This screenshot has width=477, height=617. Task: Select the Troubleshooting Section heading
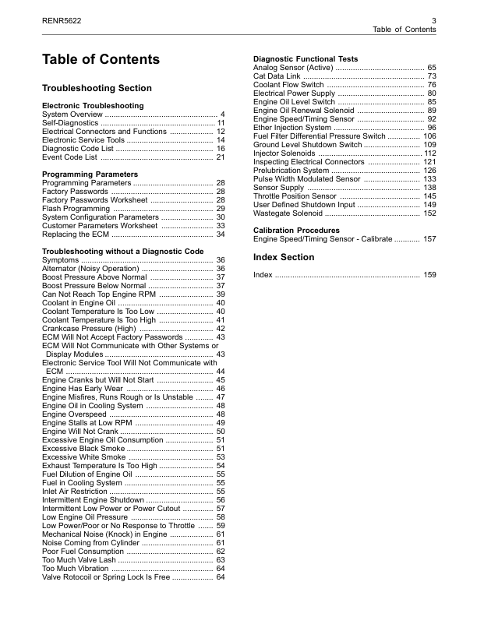(x=97, y=88)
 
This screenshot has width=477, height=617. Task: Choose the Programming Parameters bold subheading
(x=90, y=174)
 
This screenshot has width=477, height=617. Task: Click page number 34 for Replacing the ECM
(x=221, y=234)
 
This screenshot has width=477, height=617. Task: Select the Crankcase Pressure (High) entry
(x=87, y=329)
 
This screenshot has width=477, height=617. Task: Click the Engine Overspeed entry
(x=74, y=414)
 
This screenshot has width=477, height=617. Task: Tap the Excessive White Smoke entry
(x=83, y=457)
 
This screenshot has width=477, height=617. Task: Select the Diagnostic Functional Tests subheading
(x=306, y=59)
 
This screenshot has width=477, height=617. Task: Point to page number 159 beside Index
(x=429, y=275)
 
